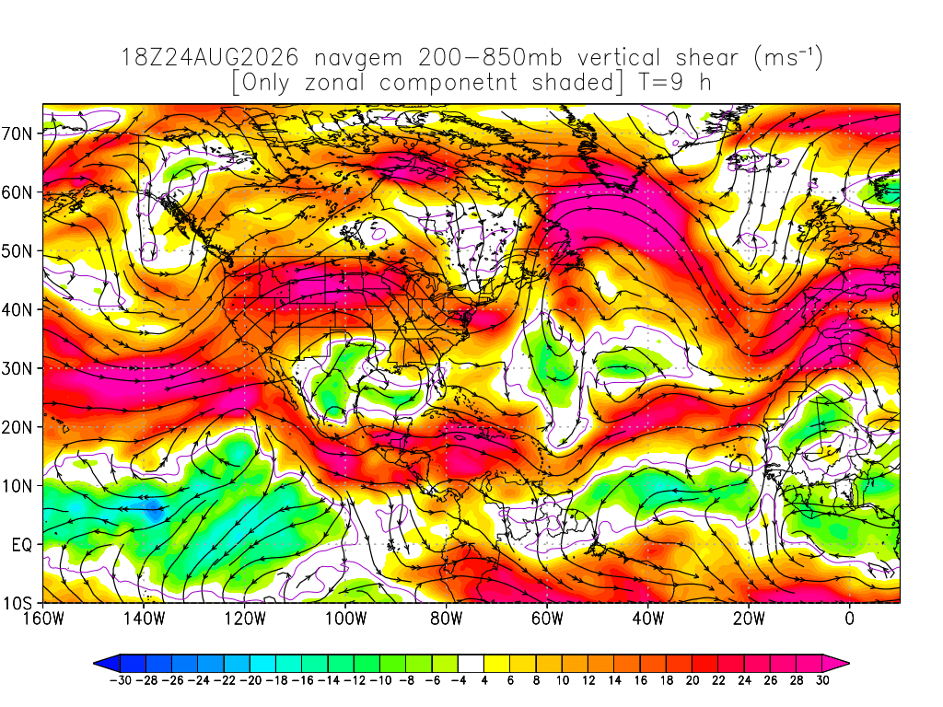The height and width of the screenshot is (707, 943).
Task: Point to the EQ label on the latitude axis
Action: pos(22,545)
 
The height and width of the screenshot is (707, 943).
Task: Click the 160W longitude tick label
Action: pos(43,618)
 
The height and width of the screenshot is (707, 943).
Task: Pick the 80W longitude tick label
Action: pos(447,618)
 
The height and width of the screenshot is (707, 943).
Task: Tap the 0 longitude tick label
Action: pos(849,618)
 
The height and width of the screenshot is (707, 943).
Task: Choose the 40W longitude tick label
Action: pos(647,618)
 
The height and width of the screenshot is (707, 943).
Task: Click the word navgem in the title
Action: pos(358,59)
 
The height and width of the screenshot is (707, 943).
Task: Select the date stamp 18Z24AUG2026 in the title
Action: pos(210,58)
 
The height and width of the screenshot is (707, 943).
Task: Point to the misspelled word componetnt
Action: pos(448,83)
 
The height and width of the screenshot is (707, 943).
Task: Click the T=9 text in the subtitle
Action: pos(661,82)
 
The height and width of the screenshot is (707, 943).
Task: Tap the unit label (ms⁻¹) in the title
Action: pos(788,58)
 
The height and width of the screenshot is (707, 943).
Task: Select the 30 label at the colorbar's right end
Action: pos(822,680)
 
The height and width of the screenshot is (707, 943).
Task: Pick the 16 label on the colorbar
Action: pos(641,680)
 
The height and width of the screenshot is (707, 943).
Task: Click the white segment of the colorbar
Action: pos(471,664)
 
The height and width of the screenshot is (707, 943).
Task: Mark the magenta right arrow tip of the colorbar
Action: pos(836,664)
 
